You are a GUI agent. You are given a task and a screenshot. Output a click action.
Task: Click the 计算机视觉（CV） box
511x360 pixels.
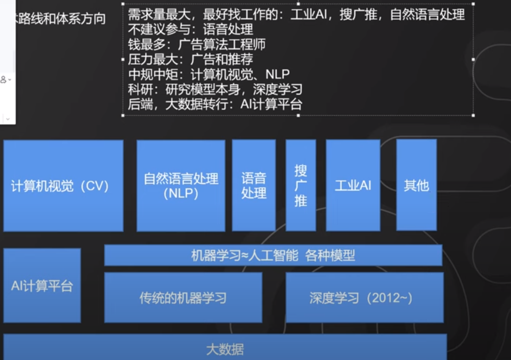pyautogui.click(x=63, y=186)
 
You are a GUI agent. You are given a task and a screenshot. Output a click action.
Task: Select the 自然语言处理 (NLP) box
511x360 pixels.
pyautogui.click(x=181, y=186)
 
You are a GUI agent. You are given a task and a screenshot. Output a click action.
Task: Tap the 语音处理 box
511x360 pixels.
pyautogui.click(x=254, y=186)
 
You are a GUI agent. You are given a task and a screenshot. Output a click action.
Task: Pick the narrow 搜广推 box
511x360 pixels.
pyautogui.click(x=301, y=186)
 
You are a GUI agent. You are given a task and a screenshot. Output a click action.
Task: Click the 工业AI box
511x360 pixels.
pyautogui.click(x=353, y=186)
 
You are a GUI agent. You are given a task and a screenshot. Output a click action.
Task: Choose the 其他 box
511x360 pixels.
pyautogui.click(x=417, y=186)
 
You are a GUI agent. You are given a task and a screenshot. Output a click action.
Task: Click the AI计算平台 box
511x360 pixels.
pyautogui.click(x=42, y=286)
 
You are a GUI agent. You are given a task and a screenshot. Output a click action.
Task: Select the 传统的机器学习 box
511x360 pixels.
pyautogui.click(x=183, y=298)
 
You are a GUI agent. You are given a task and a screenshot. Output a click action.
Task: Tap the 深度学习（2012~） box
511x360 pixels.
pyautogui.click(x=365, y=298)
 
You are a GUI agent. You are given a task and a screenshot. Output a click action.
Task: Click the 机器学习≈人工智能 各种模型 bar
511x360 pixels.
pyautogui.click(x=273, y=255)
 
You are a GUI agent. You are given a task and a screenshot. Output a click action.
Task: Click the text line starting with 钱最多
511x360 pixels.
pyautogui.click(x=197, y=44)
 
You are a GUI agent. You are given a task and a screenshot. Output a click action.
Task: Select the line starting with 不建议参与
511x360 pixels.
pyautogui.click(x=191, y=30)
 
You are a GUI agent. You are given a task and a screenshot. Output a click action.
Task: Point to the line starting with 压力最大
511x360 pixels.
pyautogui.click(x=191, y=59)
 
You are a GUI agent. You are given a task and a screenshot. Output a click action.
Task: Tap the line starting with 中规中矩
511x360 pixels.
pyautogui.click(x=209, y=74)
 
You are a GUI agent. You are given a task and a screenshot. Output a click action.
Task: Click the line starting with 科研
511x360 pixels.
pyautogui.click(x=215, y=89)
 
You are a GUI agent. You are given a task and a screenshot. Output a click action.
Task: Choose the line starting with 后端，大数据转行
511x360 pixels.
pyautogui.click(x=215, y=104)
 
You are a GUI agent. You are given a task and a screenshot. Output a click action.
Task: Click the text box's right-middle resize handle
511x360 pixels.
pyautogui.click(x=473, y=59)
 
